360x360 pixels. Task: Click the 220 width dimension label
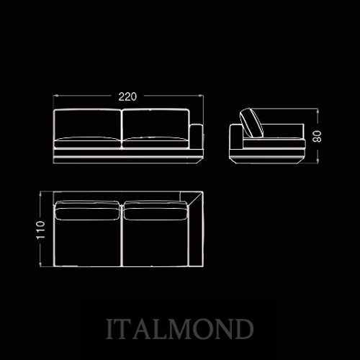coord(127,96)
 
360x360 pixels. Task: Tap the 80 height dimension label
coord(318,136)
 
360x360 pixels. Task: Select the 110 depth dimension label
coord(40,230)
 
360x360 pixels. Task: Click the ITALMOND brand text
coord(180,329)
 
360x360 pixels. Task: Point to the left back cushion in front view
coord(87,124)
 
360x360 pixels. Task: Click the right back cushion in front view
coord(156,124)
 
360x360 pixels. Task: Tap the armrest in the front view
coord(197,137)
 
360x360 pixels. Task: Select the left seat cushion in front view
coord(87,142)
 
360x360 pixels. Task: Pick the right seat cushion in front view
coord(156,142)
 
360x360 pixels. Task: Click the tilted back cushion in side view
coord(252,122)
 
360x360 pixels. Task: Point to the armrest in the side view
coord(237,137)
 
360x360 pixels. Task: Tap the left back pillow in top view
coord(87,210)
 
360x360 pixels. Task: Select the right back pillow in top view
coord(156,210)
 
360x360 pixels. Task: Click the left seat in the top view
coord(87,243)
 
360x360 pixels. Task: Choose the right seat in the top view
coord(156,243)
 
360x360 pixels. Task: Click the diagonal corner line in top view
coord(196,199)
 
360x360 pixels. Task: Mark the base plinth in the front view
coord(128,156)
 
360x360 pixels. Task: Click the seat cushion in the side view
coord(274,143)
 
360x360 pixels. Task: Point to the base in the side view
coord(268,156)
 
